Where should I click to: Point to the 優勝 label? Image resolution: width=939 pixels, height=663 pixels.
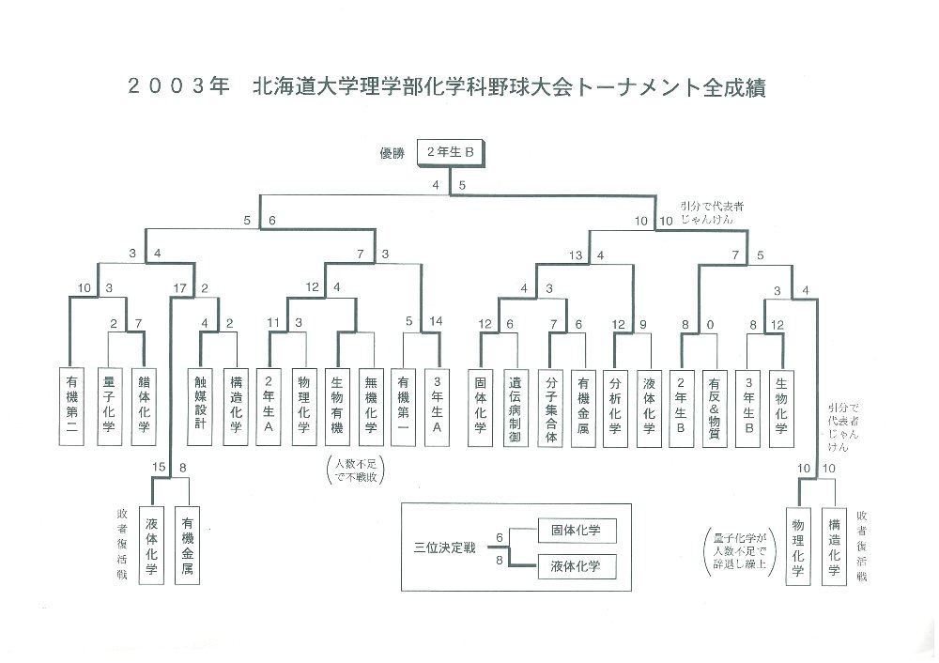[392, 153]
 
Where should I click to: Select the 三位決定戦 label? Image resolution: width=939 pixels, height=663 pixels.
[444, 547]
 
